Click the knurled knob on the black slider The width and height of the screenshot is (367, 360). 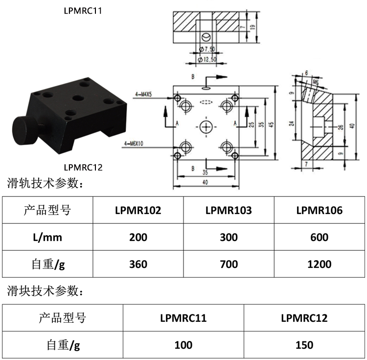click(x=25, y=131)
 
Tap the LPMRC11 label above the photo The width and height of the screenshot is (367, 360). click(x=83, y=11)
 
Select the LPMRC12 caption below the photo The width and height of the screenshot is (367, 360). click(x=83, y=167)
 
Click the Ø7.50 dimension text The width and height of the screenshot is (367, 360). click(x=207, y=49)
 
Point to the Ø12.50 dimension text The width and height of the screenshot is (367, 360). click(x=207, y=59)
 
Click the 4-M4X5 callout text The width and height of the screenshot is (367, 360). click(x=143, y=94)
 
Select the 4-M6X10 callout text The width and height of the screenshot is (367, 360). click(x=134, y=144)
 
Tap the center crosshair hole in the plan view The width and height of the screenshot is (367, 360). click(x=206, y=127)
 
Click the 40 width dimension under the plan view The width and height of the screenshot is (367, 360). click(x=205, y=182)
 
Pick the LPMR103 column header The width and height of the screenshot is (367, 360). click(x=229, y=210)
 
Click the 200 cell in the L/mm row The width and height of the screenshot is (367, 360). click(x=138, y=237)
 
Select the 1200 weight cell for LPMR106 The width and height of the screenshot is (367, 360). click(x=319, y=264)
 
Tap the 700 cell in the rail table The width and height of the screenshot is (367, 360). click(x=229, y=264)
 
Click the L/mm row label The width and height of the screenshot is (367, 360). click(x=47, y=237)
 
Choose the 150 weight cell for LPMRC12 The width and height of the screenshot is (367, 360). click(x=304, y=345)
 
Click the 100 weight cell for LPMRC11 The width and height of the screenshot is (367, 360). click(x=183, y=345)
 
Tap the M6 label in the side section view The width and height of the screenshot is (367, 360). click(x=315, y=82)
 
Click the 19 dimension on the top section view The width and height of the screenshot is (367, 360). click(x=252, y=27)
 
